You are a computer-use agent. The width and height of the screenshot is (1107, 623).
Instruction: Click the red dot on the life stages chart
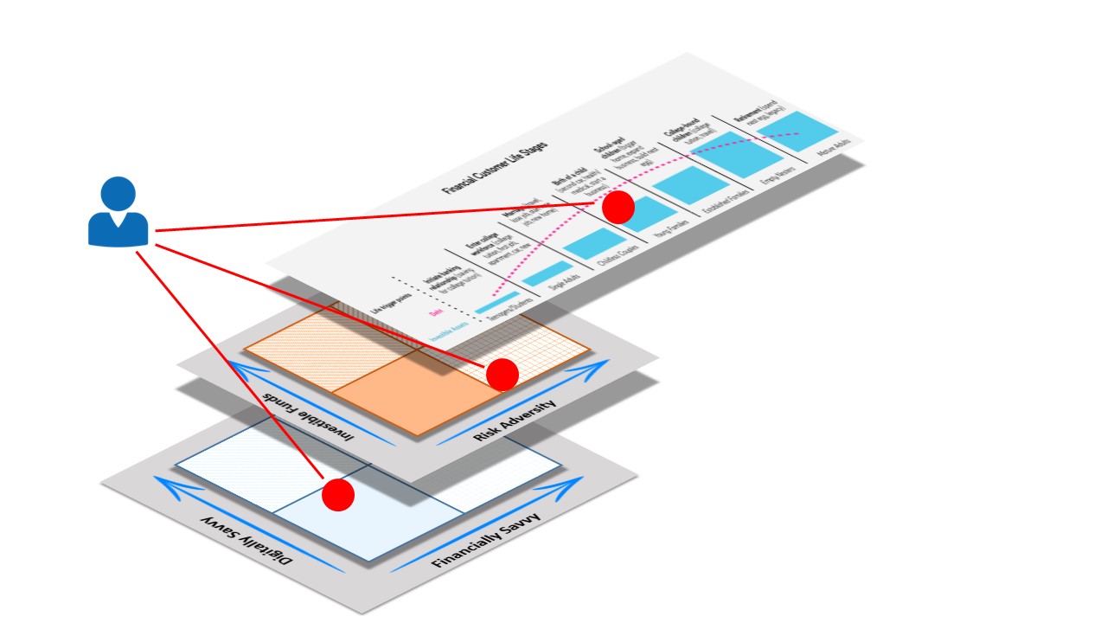pyautogui.click(x=617, y=208)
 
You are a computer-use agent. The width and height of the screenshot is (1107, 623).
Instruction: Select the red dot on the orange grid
pyautogui.click(x=502, y=374)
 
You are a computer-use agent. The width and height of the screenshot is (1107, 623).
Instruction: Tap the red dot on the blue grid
pyautogui.click(x=338, y=495)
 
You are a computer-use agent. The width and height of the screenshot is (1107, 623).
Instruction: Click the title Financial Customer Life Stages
pyautogui.click(x=495, y=165)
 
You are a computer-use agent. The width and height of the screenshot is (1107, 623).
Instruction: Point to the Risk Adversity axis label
pyautogui.click(x=515, y=421)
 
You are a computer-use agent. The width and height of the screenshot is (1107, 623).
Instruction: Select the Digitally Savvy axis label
pyautogui.click(x=247, y=540)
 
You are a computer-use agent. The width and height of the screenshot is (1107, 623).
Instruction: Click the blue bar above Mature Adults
pyautogui.click(x=797, y=132)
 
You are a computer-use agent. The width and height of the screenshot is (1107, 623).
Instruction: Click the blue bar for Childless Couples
pyautogui.click(x=593, y=243)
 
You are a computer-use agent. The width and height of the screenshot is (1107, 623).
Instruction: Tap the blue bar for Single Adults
pyautogui.click(x=547, y=273)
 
